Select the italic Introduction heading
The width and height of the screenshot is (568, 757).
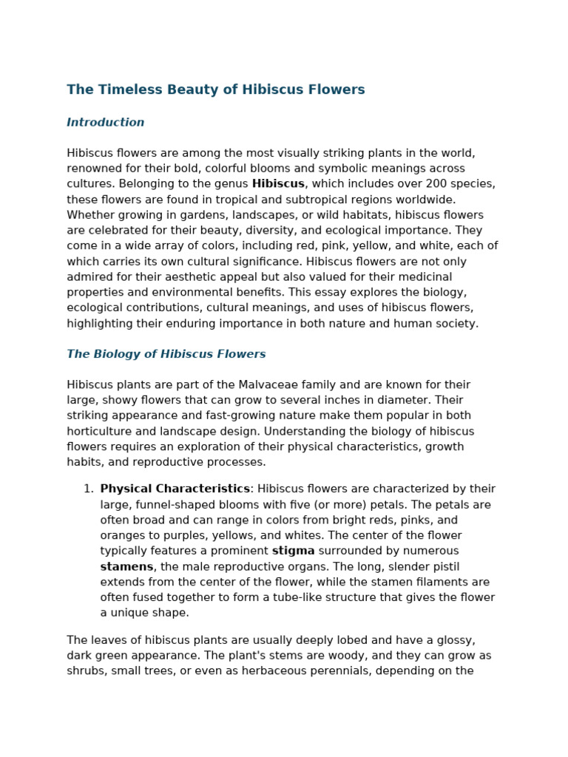coord(106,123)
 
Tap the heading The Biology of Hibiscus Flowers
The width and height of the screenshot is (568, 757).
coord(166,354)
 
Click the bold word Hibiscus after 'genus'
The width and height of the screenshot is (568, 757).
coord(278,184)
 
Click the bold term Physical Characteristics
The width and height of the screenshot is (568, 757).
coord(175,489)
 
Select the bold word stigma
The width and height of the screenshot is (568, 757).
coord(293,551)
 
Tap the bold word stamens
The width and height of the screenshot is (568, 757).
coord(126,567)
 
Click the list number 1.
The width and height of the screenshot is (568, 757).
coord(87,489)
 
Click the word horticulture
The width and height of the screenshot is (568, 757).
coord(99,431)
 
